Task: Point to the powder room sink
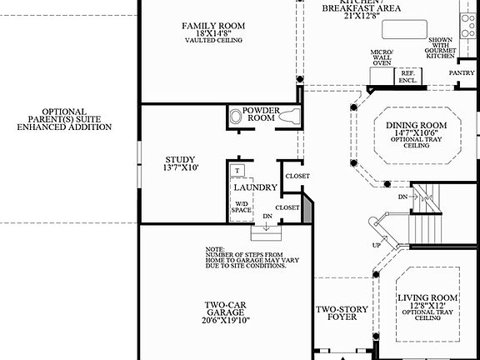[x=234, y=117]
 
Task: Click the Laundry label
[x=255, y=187]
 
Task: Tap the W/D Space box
[x=241, y=207]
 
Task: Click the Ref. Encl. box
[x=407, y=77]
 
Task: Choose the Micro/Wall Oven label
[x=381, y=57]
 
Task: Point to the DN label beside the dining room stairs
[x=402, y=197]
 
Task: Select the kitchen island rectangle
[x=407, y=31]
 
